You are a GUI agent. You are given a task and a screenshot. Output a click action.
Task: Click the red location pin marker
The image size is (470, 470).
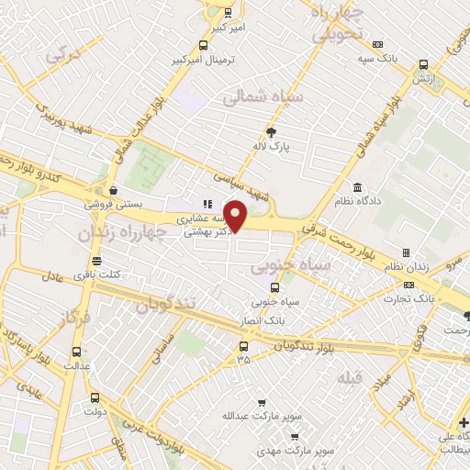point(237,216)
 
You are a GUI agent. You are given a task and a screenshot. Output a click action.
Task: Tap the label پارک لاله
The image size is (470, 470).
point(272,146)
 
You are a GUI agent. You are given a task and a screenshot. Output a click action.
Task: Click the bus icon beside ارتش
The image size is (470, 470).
point(422,65)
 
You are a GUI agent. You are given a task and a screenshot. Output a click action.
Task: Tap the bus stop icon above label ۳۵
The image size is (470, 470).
point(242,346)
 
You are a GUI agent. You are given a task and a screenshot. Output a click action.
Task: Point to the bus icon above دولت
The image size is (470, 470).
point(96,397)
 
